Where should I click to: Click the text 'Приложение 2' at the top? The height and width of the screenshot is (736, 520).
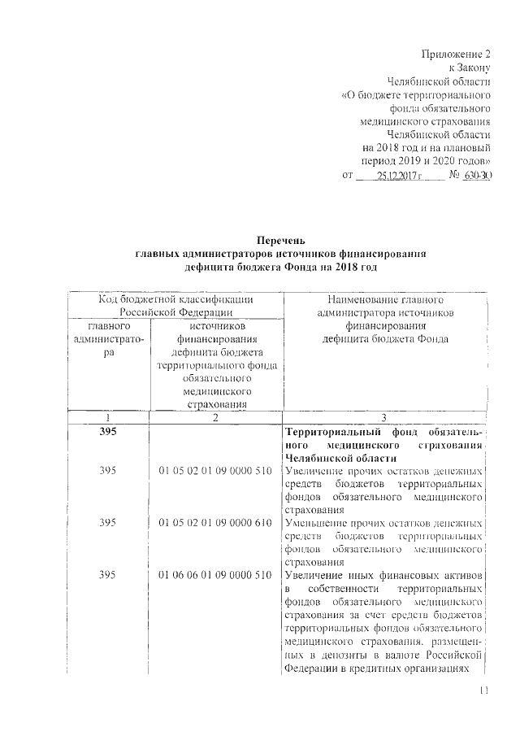tap(457, 54)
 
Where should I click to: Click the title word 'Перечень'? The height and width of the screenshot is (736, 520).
tap(280, 241)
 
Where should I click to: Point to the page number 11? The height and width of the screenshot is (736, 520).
tap(485, 690)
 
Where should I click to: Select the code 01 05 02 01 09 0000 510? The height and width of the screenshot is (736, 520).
tap(214, 472)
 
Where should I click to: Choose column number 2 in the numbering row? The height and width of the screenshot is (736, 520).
tap(214, 417)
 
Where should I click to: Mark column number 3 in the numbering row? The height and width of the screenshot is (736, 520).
tap(384, 417)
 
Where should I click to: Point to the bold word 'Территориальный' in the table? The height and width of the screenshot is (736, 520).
tap(332, 432)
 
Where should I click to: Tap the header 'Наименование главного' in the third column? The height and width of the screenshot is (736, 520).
tap(385, 299)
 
